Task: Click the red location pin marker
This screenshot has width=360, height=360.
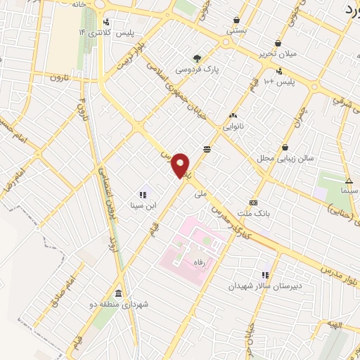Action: [181, 165]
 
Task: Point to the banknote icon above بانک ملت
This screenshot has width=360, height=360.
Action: [254, 202]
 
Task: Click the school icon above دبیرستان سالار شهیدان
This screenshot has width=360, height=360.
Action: [265, 275]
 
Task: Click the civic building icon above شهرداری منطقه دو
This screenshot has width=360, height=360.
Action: [117, 293]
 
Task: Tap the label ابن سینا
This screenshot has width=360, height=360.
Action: [141, 206]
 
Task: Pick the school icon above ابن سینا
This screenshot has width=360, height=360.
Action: [142, 194]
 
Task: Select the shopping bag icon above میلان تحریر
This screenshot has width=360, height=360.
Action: [279, 42]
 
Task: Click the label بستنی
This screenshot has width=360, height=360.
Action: [237, 31]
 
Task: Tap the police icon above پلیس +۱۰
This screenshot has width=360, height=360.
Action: [279, 70]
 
